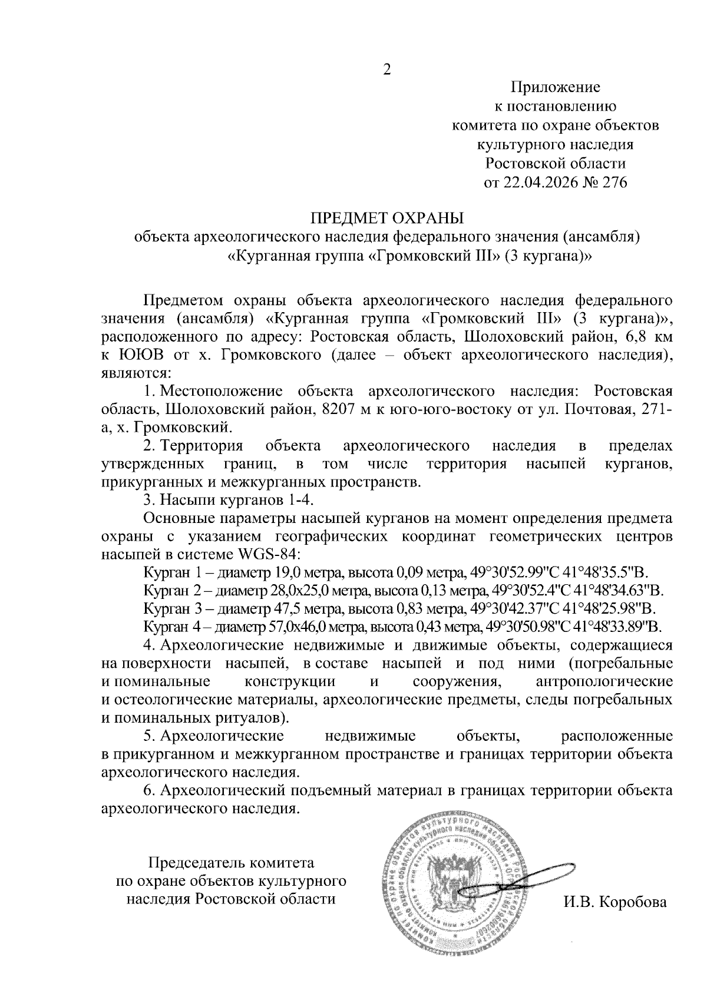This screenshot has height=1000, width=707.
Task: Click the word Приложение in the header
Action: tap(555, 88)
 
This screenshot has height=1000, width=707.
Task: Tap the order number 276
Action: tap(614, 182)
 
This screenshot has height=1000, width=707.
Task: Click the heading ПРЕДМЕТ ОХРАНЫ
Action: tap(387, 218)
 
